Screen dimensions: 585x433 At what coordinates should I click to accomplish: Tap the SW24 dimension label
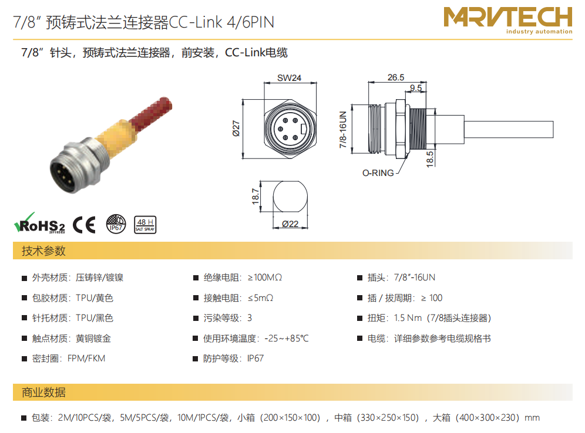289,78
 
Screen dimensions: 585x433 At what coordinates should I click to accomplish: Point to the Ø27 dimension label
236,128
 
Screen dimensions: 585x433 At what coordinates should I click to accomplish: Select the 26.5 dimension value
396,77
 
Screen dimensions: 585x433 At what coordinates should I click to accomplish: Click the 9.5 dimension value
416,87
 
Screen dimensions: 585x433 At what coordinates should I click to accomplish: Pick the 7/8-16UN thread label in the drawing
343,129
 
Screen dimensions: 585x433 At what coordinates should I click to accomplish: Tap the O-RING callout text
378,173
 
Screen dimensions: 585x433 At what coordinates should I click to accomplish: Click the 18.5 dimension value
430,159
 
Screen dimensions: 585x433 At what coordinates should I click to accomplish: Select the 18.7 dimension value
255,196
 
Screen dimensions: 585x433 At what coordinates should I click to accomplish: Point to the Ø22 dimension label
290,224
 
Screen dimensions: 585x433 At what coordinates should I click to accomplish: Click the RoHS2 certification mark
39,223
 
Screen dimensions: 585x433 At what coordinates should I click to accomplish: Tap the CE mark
84,225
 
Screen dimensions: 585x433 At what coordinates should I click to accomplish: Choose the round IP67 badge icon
116,224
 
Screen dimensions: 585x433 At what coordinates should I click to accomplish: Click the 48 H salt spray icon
145,225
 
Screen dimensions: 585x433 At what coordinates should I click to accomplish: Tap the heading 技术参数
43,251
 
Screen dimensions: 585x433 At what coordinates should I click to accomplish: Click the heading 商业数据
43,393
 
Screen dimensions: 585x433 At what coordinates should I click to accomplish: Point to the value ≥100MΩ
265,278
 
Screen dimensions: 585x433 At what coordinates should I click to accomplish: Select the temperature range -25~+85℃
287,339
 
